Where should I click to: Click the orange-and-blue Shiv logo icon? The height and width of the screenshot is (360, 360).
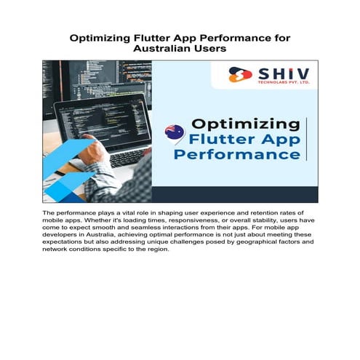click(x=241, y=75)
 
